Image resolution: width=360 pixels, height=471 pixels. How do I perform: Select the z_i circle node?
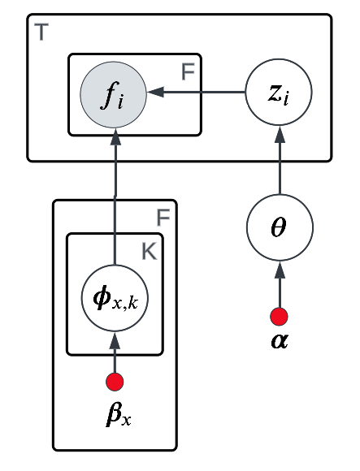point(279,93)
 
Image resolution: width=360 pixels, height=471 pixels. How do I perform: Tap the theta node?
point(279,228)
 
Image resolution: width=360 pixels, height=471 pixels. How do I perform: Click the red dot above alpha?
point(279,316)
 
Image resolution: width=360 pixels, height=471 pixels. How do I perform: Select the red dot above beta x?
point(115,381)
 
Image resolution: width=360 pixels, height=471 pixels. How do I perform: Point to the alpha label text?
point(279,339)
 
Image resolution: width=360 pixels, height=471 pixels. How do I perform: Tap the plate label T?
point(41,33)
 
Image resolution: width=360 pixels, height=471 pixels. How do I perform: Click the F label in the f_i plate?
point(188,72)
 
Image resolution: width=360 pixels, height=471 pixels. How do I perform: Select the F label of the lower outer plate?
point(163,217)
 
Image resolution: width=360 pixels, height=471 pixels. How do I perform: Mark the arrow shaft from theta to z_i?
point(279,166)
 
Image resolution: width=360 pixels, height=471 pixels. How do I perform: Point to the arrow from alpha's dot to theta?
point(279,284)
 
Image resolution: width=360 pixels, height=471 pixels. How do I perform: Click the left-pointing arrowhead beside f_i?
point(154,93)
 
